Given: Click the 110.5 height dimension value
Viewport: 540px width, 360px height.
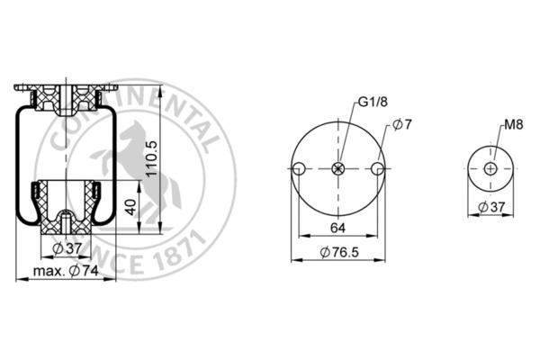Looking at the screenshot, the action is [x=151, y=158].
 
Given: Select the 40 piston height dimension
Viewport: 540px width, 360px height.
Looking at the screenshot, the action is [x=131, y=207].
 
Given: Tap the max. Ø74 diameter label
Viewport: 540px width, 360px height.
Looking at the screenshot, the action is [x=66, y=271].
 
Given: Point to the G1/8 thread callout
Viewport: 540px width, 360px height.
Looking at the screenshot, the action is [x=373, y=102].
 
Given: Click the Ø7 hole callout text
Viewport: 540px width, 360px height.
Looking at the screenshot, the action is [x=402, y=125].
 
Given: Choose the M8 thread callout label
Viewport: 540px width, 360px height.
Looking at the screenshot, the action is [x=514, y=125].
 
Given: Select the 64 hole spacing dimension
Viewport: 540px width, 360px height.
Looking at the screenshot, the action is [x=337, y=228].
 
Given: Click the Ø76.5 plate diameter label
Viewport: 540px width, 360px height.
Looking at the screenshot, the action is [x=339, y=252].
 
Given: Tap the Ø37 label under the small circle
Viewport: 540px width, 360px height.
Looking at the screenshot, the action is [x=491, y=207].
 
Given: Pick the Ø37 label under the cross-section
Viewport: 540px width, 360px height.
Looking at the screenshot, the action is [x=67, y=248].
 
